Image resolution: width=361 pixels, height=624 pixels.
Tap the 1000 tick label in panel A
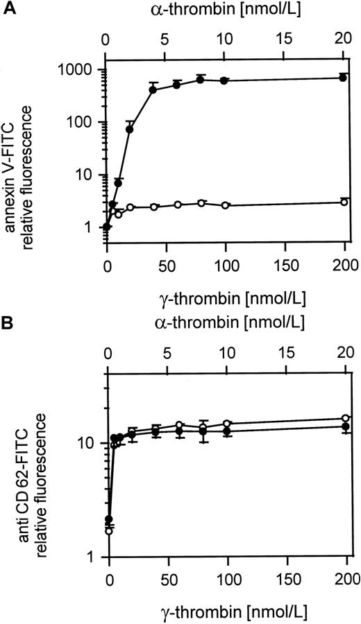pyautogui.click(x=81, y=69)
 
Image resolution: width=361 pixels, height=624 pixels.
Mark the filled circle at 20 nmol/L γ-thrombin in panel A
pyautogui.click(x=130, y=129)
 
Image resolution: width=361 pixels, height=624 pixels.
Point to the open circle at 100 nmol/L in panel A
pyautogui.click(x=224, y=205)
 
